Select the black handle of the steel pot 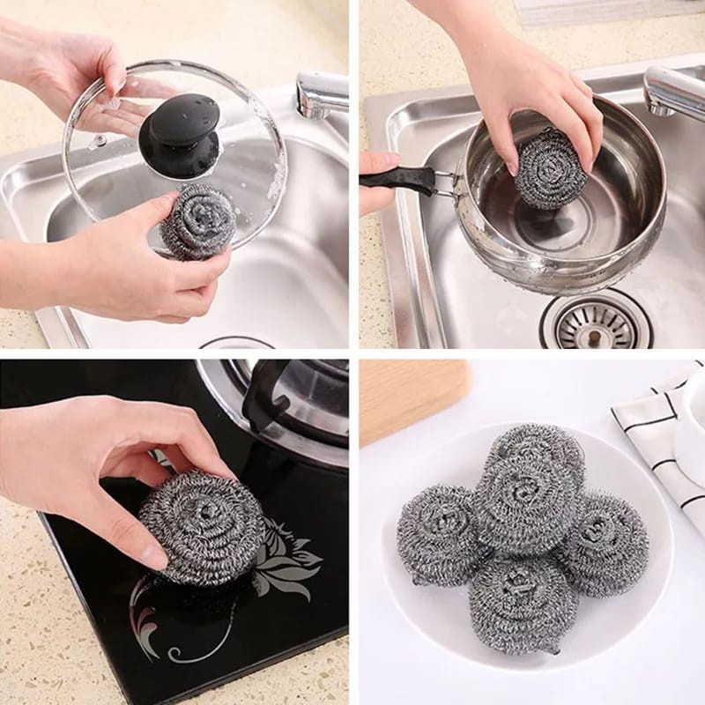click(397, 179)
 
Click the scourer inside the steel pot click(552, 167)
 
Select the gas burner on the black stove click(291, 397)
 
